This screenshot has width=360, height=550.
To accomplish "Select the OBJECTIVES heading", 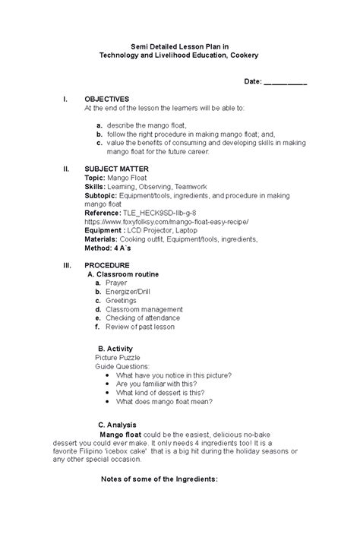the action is pyautogui.click(x=107, y=100).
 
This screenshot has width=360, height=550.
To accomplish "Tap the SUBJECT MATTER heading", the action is pyautogui.click(x=116, y=169).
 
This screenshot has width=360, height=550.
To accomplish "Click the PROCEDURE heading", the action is pyautogui.click(x=109, y=265).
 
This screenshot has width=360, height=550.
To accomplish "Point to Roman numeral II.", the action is pyautogui.click(x=67, y=169).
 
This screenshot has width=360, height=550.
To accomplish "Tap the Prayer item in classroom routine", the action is pyautogui.click(x=116, y=283).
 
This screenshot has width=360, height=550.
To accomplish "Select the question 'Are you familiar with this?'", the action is pyautogui.click(x=160, y=384).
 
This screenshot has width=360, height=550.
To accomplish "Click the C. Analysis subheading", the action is pyautogui.click(x=117, y=425).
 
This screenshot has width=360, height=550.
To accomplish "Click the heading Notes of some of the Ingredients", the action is pyautogui.click(x=159, y=479).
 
